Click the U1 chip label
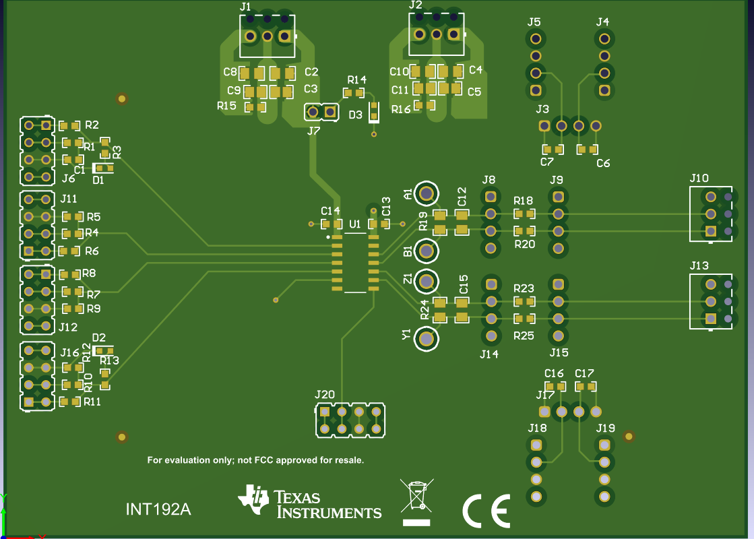[x=354, y=224]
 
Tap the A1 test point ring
[x=426, y=194]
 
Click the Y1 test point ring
[x=426, y=338]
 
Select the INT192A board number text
[x=158, y=509]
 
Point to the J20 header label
[x=325, y=395]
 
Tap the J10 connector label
[x=699, y=178]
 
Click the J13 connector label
[x=699, y=265]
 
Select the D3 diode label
[x=355, y=115]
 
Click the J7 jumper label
[x=313, y=131]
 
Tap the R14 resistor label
[x=357, y=80]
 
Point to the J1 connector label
[x=245, y=7]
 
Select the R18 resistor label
[x=523, y=201]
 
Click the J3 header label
[x=542, y=109]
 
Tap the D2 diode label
[x=99, y=338]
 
